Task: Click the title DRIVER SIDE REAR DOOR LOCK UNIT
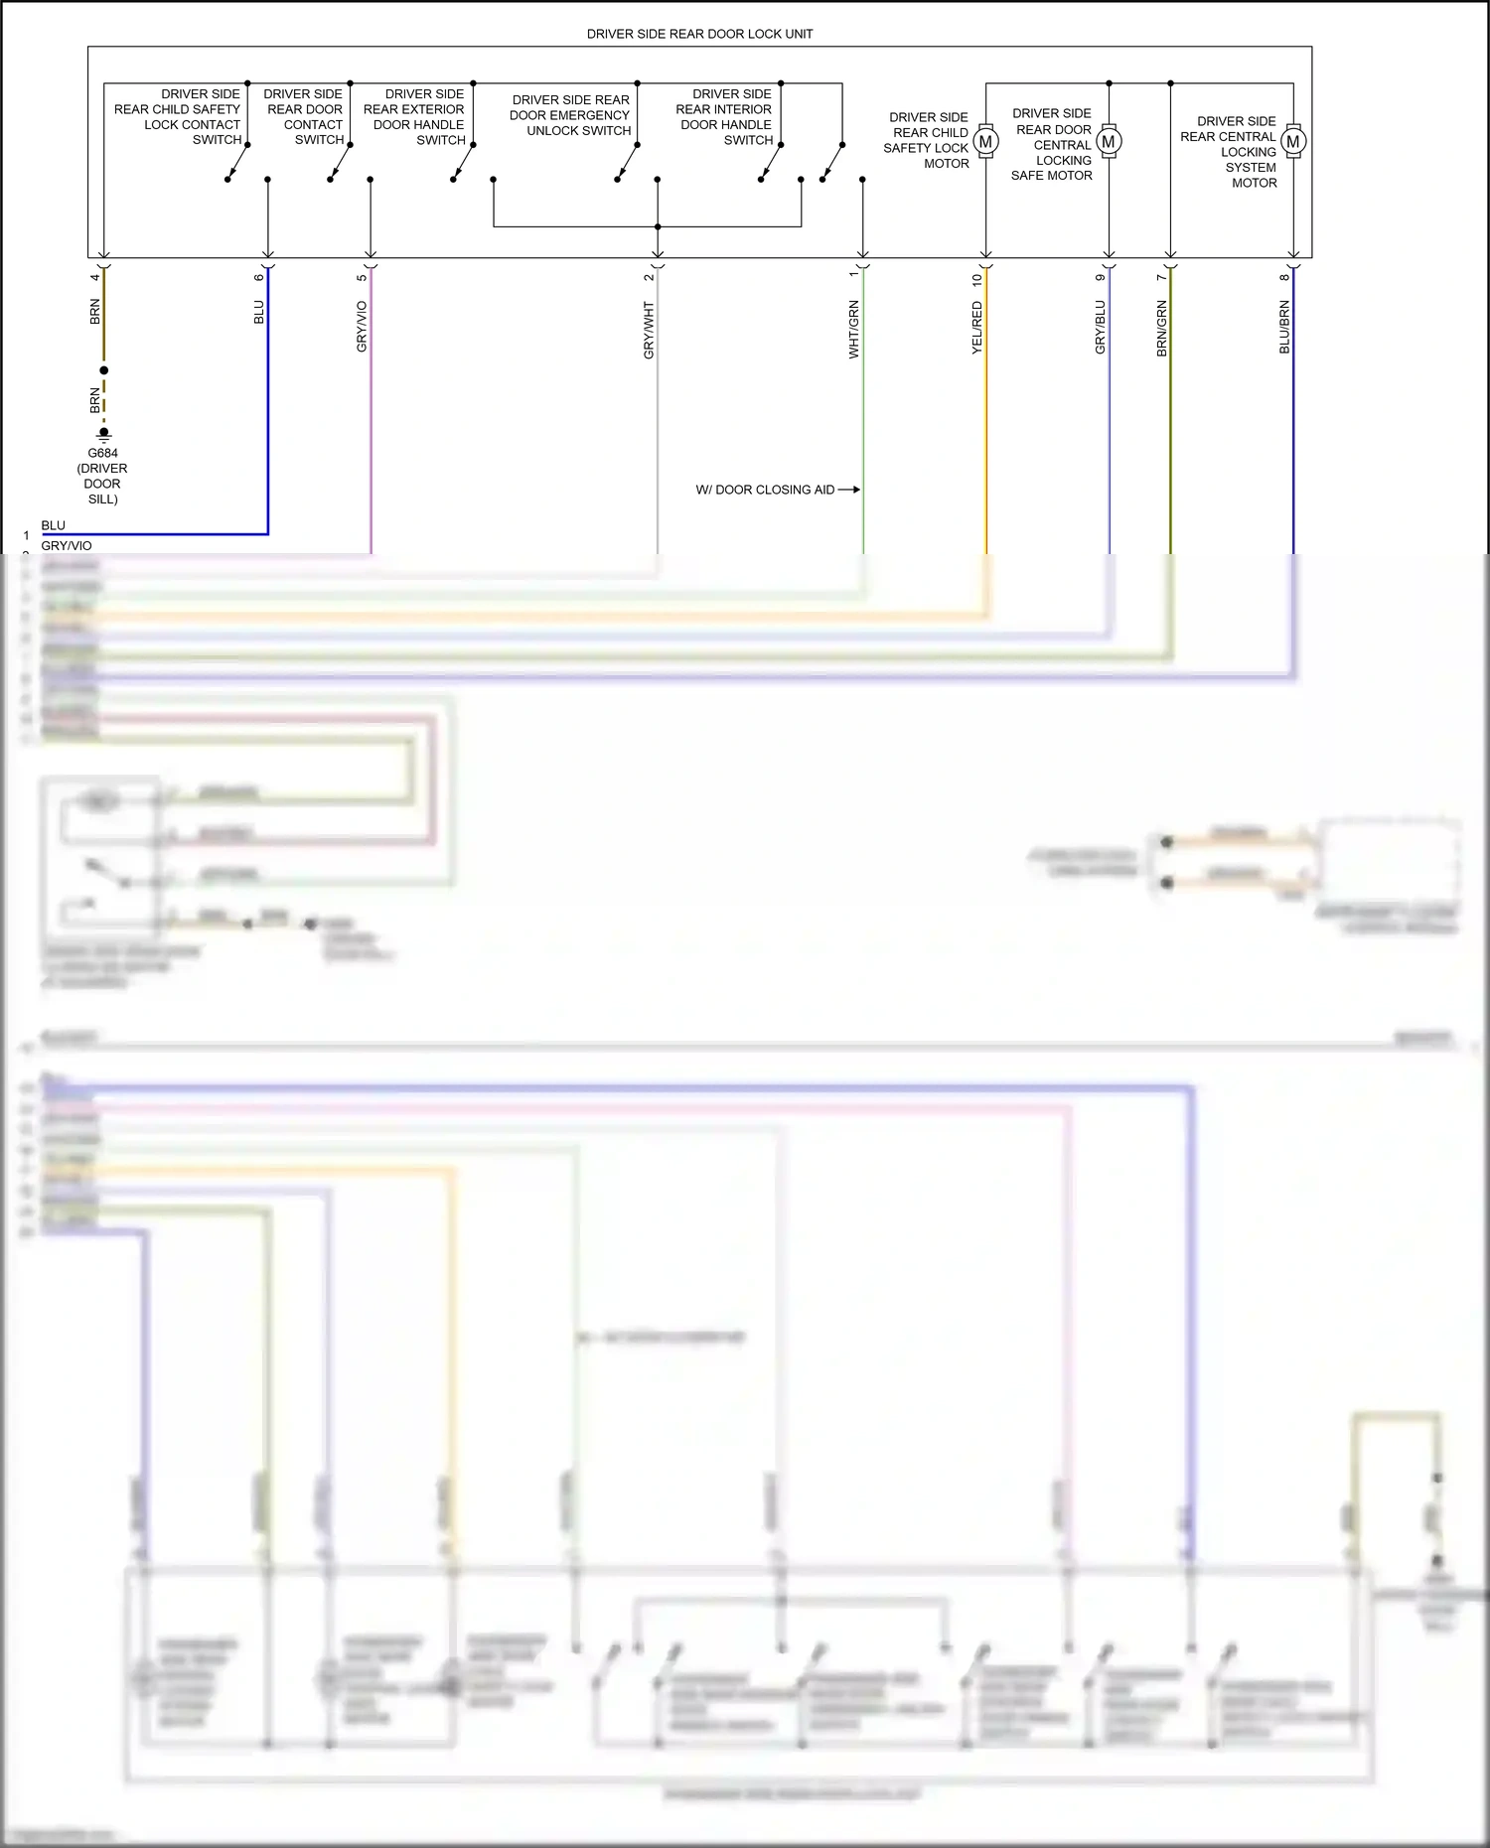[x=699, y=34]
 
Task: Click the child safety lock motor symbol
[x=985, y=142]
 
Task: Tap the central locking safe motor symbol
[x=1109, y=142]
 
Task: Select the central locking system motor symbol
[x=1292, y=142]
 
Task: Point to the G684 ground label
[x=102, y=453]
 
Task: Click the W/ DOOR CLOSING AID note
[x=765, y=490]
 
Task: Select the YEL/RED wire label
[x=976, y=329]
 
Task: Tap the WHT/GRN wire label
[x=853, y=329]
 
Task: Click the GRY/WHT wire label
[x=649, y=331]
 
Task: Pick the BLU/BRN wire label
[x=1283, y=327]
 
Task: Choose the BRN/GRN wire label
[x=1161, y=329]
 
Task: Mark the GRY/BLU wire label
[x=1100, y=327]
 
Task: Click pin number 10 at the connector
[x=976, y=281]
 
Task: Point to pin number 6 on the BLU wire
[x=259, y=277]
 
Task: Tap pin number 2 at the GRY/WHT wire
[x=649, y=277]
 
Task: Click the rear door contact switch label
[x=304, y=117]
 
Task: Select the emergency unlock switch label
[x=570, y=115]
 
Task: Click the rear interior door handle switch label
[x=724, y=117]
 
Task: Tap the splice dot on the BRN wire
[x=103, y=370]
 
